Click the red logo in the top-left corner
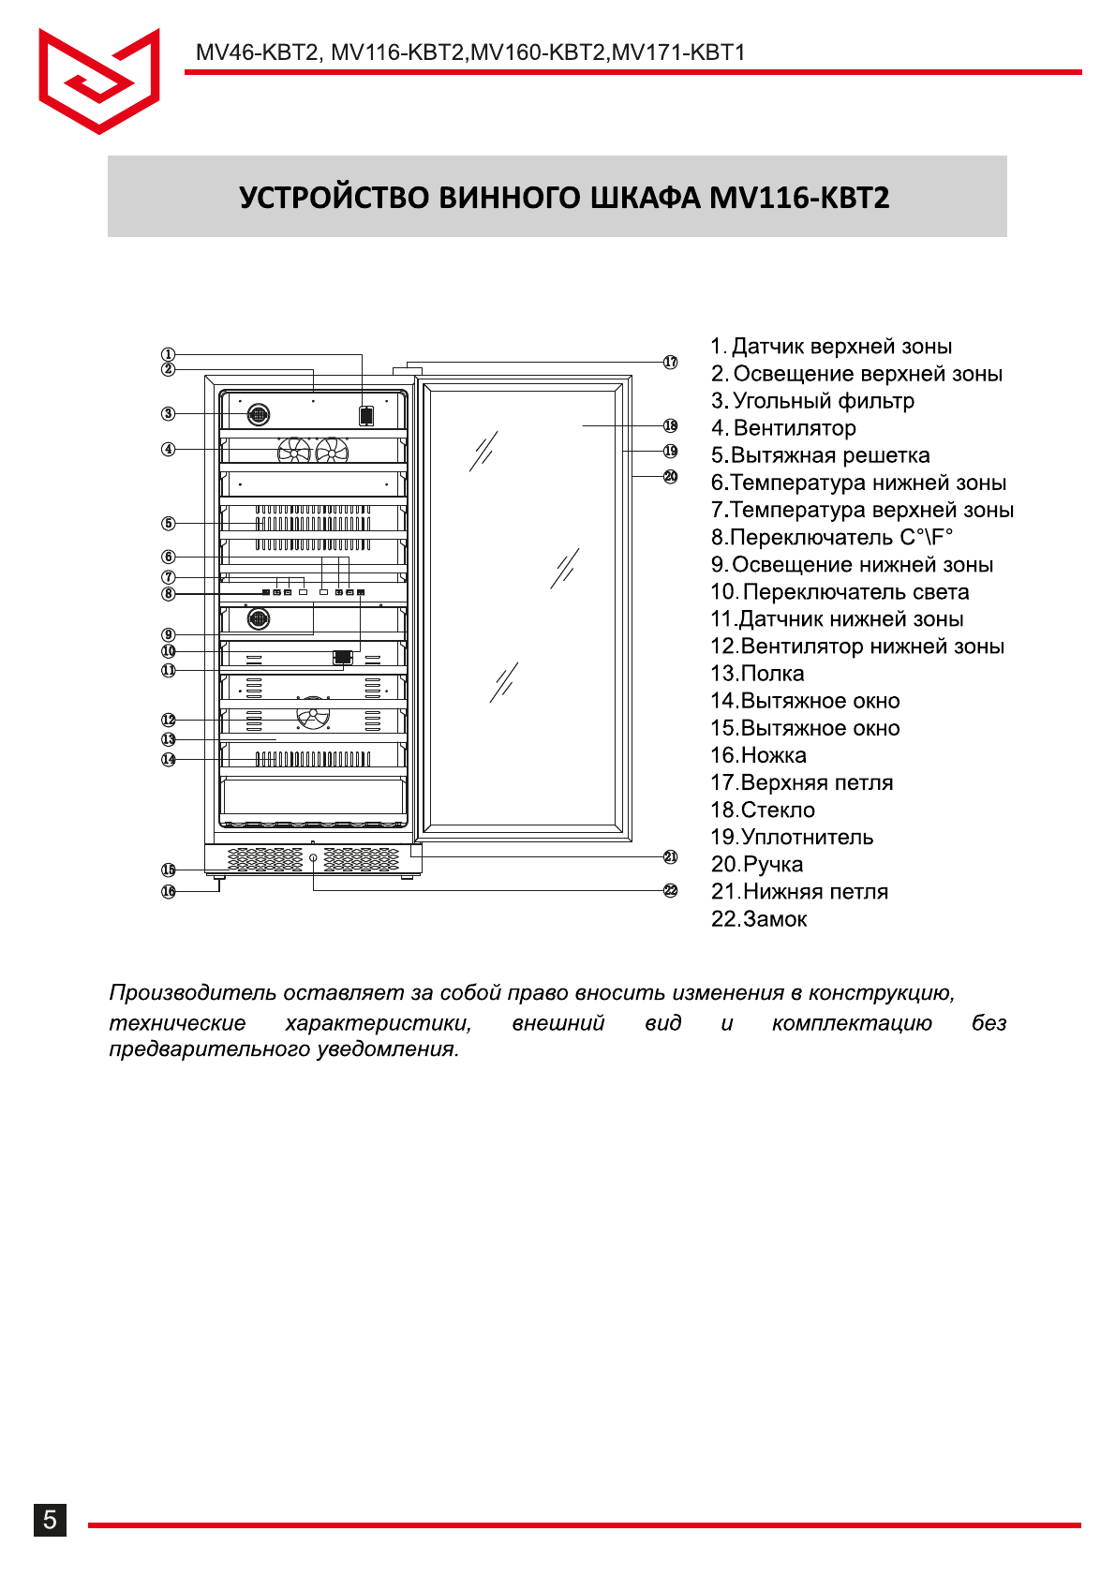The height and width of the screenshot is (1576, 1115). click(98, 81)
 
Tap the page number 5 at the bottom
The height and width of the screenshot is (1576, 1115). click(50, 1519)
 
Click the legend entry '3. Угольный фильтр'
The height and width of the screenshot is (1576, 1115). click(812, 401)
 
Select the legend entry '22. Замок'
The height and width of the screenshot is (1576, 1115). click(759, 919)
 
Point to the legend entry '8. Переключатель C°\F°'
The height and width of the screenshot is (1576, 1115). click(831, 538)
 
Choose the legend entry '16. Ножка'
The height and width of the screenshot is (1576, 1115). click(758, 755)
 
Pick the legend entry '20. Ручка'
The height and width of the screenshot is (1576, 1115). click(757, 864)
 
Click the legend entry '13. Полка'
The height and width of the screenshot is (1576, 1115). click(757, 674)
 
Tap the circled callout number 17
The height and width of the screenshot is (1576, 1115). click(671, 363)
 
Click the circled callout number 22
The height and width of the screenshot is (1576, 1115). click(671, 890)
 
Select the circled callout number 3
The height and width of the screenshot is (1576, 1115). click(169, 413)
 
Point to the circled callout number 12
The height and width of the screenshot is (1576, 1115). click(169, 720)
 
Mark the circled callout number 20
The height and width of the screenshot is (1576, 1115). click(671, 476)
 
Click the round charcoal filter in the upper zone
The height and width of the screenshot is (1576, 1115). click(259, 413)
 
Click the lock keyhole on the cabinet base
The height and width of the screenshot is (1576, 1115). click(313, 857)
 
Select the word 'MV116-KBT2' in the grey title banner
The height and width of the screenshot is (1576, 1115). click(799, 198)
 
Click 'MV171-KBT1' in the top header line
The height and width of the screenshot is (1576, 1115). click(678, 52)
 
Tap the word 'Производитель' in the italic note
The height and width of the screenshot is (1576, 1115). click(192, 993)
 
